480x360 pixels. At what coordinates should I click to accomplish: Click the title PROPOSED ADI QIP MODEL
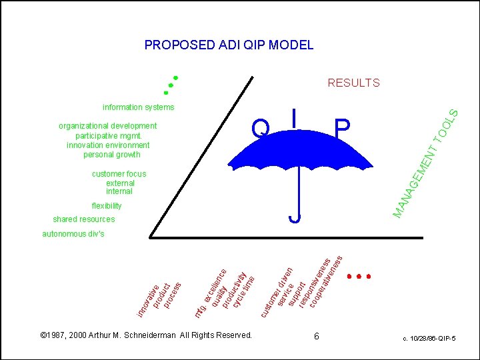[x=229, y=45]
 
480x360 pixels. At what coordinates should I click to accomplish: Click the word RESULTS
[x=353, y=83]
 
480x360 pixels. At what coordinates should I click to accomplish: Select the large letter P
[x=342, y=127]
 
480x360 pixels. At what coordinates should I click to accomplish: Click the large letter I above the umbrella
[x=294, y=118]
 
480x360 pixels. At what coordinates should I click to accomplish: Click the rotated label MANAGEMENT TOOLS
[x=424, y=164]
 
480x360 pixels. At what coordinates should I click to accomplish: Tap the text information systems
[x=138, y=107]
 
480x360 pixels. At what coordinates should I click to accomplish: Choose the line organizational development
[x=108, y=126]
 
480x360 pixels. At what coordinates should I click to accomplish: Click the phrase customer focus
[x=119, y=174]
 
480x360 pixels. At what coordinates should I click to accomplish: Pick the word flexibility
[x=107, y=206]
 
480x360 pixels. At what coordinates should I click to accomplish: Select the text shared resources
[x=84, y=219]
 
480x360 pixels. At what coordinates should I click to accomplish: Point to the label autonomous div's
[x=73, y=234]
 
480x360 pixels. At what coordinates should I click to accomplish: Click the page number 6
[x=317, y=337]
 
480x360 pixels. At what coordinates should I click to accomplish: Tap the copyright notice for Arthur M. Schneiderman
[x=146, y=335]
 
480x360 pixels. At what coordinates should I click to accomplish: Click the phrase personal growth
[x=112, y=155]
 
